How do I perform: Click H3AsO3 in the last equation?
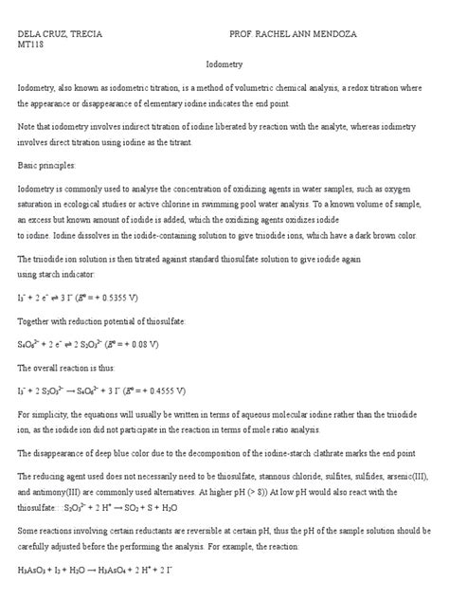click(34, 572)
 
